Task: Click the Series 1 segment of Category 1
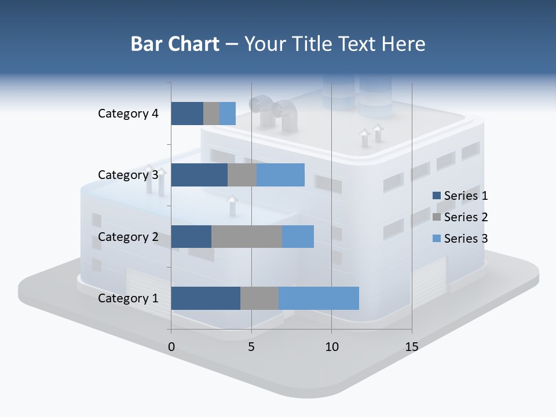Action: click(206, 298)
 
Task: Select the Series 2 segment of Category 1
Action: click(259, 298)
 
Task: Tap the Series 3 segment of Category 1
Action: click(319, 298)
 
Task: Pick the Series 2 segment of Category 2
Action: click(247, 236)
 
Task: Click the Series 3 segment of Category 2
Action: click(298, 236)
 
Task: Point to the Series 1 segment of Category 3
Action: click(199, 175)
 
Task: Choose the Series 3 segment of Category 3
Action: click(280, 175)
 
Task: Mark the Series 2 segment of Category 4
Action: click(211, 114)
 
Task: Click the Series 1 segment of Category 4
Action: click(187, 114)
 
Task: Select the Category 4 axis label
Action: click(128, 114)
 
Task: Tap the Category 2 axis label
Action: click(128, 236)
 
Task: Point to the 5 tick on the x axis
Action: click(251, 347)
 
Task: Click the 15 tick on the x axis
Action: click(411, 347)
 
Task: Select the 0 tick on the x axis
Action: click(171, 347)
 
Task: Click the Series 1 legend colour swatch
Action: click(436, 196)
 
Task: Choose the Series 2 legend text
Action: click(466, 217)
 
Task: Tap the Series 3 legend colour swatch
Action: click(436, 239)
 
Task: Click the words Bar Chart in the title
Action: click(175, 44)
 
